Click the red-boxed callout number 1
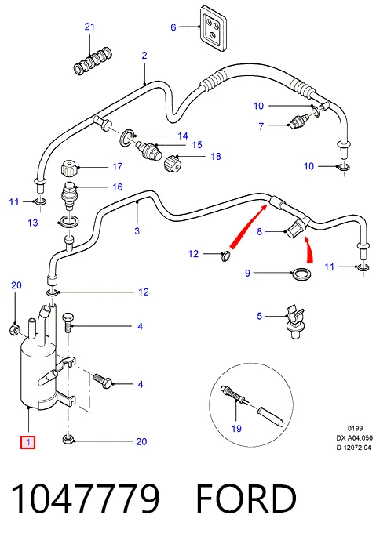pyautogui.click(x=27, y=442)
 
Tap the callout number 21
pyautogui.click(x=89, y=27)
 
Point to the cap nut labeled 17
pyautogui.click(x=69, y=168)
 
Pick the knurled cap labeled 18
pyautogui.click(x=173, y=163)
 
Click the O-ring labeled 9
pyautogui.click(x=301, y=274)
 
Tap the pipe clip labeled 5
pyautogui.click(x=294, y=321)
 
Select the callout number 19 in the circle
pyautogui.click(x=236, y=429)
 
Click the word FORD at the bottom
pyautogui.click(x=246, y=499)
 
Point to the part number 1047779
pyautogui.click(x=86, y=499)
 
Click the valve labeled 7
pyautogui.click(x=298, y=121)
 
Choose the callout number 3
pyautogui.click(x=137, y=230)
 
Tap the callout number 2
pyautogui.click(x=144, y=56)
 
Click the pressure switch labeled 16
pyautogui.click(x=68, y=195)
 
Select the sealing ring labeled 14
pyautogui.click(x=127, y=136)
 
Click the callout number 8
pyautogui.click(x=259, y=231)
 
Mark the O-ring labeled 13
pyautogui.click(x=70, y=222)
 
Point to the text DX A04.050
pyautogui.click(x=354, y=438)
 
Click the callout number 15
pyautogui.click(x=197, y=145)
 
